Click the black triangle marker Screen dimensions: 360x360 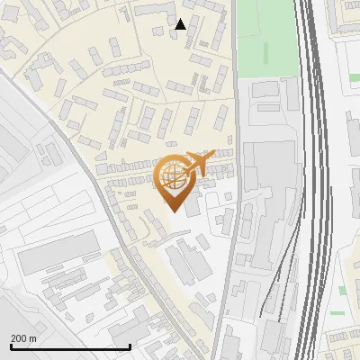tap(181, 24)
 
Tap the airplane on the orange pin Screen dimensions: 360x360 tap(197, 163)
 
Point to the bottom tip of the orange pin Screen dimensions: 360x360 tap(172, 211)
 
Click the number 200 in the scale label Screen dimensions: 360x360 tap(20, 338)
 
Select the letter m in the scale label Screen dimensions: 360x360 tap(33, 338)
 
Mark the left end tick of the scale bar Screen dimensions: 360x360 tap(11, 346)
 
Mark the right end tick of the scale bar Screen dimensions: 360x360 tap(130, 346)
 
